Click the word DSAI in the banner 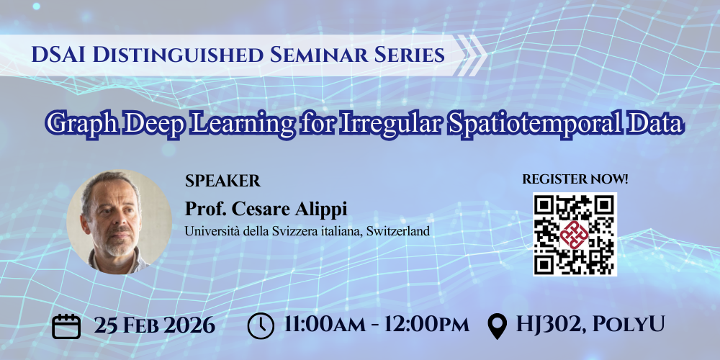click(58, 55)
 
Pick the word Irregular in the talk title click(390, 124)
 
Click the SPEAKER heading click(222, 181)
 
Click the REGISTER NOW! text click(575, 179)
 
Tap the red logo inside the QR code click(575, 234)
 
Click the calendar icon click(66, 326)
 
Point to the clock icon click(261, 325)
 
